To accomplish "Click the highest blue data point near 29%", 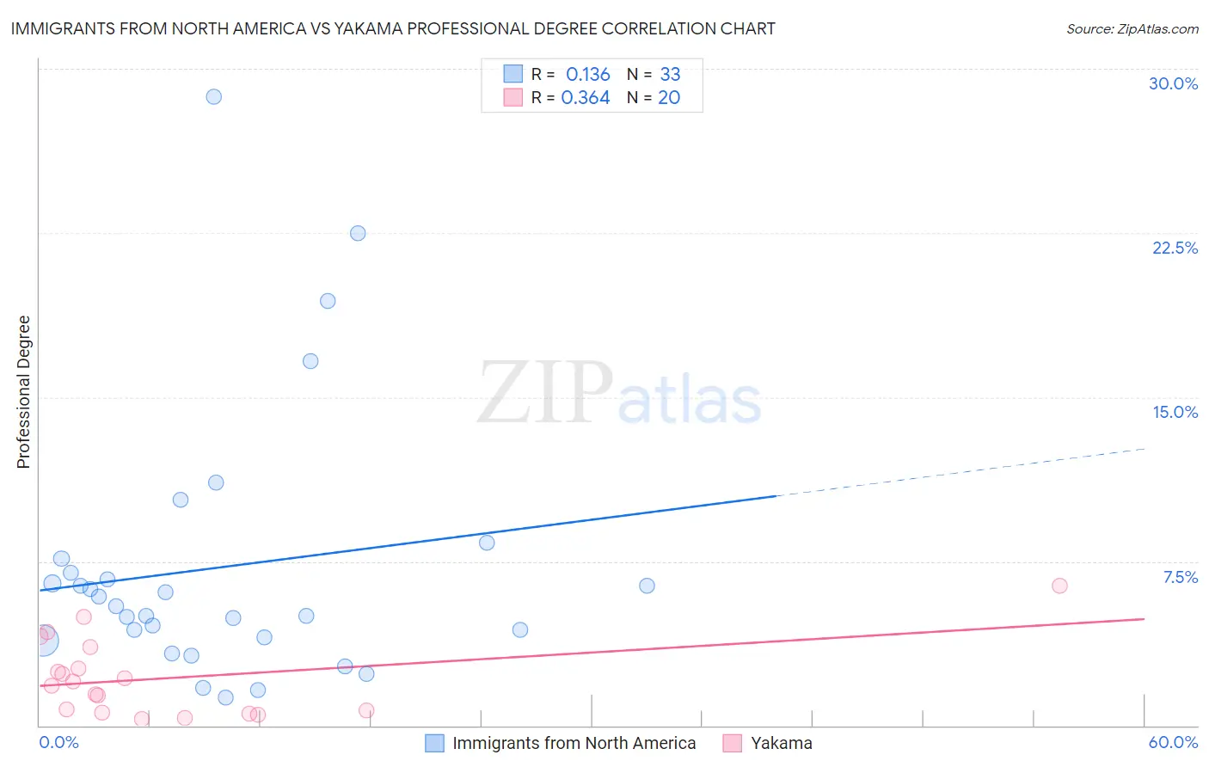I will (214, 96).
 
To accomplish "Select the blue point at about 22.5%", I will (358, 233).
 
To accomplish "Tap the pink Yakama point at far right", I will (1059, 586).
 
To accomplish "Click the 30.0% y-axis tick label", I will (1173, 83).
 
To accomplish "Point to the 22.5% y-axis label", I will (1175, 248).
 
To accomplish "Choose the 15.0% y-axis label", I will (1175, 412).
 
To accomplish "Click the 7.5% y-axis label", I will (1180, 577).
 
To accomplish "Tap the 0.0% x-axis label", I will (59, 742).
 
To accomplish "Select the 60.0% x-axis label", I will (1173, 742).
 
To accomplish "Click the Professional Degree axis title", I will (23, 392).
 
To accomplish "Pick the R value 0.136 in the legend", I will (587, 74).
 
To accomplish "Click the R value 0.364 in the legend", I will (586, 97).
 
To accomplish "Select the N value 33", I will (670, 74).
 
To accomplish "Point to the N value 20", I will (669, 97).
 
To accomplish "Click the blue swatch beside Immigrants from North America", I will (435, 743).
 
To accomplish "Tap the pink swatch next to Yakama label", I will (732, 743).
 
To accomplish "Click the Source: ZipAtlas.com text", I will (1132, 28).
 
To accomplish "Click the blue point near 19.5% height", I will (328, 301).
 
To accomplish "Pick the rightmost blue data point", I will (647, 586).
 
